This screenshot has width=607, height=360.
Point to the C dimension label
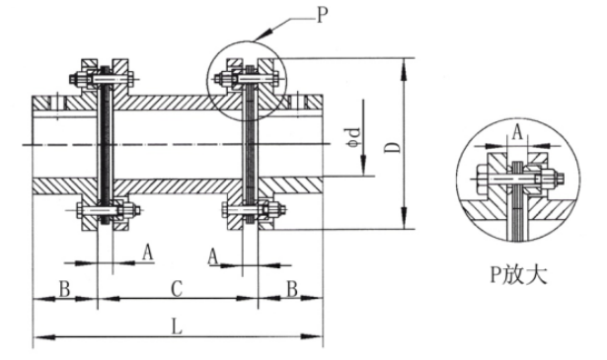click(x=176, y=289)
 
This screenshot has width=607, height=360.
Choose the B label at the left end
click(x=63, y=288)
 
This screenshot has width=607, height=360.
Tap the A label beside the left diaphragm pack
click(x=148, y=252)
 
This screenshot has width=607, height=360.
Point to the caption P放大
click(x=514, y=272)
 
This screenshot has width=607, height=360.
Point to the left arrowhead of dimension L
click(x=36, y=340)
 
